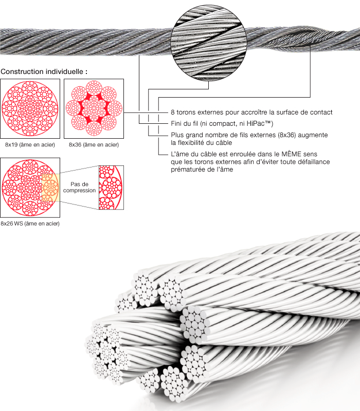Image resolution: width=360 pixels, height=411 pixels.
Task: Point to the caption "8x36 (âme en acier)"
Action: pos(94,145)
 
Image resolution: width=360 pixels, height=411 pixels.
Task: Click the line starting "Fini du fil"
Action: pos(222,124)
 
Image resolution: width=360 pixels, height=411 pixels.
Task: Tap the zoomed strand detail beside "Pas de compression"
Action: pos(110,188)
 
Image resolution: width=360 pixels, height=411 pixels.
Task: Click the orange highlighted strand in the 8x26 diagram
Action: pos(49,188)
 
